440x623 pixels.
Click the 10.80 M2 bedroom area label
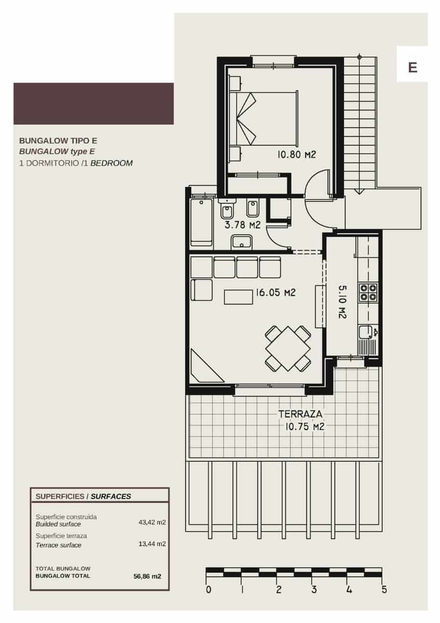[296, 154]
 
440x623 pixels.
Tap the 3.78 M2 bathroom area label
[242, 225]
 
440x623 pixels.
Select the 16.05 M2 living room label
[275, 293]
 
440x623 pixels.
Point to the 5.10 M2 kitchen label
[342, 301]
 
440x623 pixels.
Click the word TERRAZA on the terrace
[300, 414]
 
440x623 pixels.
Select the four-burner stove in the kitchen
[368, 292]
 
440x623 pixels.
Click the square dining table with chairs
[287, 348]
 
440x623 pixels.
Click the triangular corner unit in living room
[204, 367]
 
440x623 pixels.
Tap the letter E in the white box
[412, 67]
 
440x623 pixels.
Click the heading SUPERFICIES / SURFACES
[83, 496]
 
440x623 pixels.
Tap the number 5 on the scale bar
[384, 590]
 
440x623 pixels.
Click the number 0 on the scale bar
[208, 590]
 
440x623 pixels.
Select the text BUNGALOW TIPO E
[58, 140]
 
